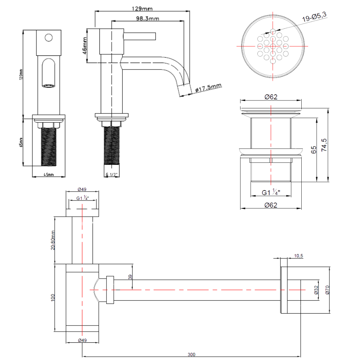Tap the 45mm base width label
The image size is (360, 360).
pos(48,175)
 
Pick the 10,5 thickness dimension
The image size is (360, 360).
pos(299,256)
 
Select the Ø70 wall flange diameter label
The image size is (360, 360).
pos(327,290)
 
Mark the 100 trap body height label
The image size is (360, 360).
pos(53,297)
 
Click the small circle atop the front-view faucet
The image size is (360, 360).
pos(48,37)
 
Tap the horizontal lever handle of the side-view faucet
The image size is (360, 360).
pos(140,36)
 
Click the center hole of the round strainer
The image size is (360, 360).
pos(273,46)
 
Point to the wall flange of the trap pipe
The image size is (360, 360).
pos(284,290)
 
